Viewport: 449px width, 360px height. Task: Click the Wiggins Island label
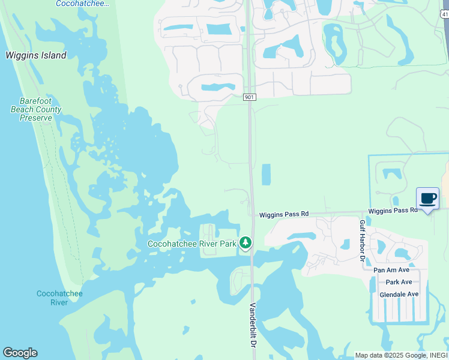(36, 55)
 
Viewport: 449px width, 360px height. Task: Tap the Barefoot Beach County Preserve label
(36, 110)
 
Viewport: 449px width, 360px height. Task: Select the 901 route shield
(250, 97)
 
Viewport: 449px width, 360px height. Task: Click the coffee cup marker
(427, 199)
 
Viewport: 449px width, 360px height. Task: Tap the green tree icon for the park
(245, 242)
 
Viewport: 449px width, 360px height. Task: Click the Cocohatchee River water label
(59, 298)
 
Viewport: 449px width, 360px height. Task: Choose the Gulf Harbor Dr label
(362, 240)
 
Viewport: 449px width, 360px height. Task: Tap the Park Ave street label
(399, 282)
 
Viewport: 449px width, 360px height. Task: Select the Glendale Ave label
(399, 294)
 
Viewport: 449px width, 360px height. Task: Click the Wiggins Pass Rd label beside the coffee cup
(393, 211)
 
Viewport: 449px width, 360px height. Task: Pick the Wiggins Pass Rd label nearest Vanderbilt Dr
(284, 214)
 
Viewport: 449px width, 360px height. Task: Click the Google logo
(20, 353)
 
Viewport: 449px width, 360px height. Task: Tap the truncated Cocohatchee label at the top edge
(83, 4)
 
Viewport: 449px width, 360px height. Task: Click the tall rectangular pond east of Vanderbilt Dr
(267, 175)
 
